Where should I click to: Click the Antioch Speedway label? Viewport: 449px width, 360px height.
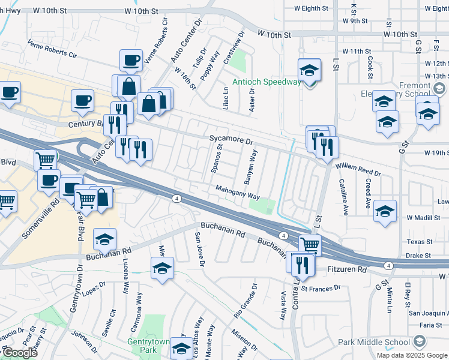[267, 82]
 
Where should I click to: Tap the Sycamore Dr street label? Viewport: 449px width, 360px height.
[232, 140]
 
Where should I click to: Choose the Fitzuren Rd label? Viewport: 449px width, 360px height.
[345, 271]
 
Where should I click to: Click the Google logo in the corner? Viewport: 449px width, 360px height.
[20, 353]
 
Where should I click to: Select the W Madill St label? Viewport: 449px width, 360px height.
[427, 218]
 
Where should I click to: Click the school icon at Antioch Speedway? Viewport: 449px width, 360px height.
[309, 71]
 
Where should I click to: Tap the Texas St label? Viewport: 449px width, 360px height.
[420, 242]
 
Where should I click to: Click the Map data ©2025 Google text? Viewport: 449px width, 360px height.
[412, 355]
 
